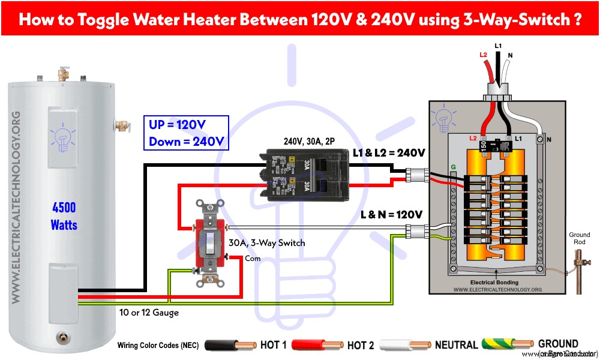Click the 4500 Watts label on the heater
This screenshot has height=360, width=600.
[64, 216]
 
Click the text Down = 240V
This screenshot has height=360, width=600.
[186, 142]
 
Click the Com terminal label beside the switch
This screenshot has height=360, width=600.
[253, 259]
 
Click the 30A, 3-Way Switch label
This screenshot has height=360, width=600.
[267, 243]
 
